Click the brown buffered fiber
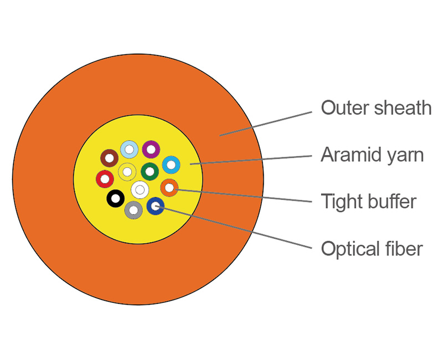point(110,158)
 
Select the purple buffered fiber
point(151,149)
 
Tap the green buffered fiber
point(150,171)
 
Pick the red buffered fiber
point(105,179)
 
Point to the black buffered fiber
point(115,198)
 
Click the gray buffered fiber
point(133,210)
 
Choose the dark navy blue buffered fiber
point(156,207)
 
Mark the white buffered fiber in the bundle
point(140,190)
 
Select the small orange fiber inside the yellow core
point(169,188)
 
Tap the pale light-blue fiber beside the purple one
point(129,149)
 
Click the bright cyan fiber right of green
point(171,164)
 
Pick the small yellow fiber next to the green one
point(127,172)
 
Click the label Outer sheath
point(376,107)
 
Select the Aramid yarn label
point(372,155)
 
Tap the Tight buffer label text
point(368,201)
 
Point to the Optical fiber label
point(372,249)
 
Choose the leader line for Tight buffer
point(244,196)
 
